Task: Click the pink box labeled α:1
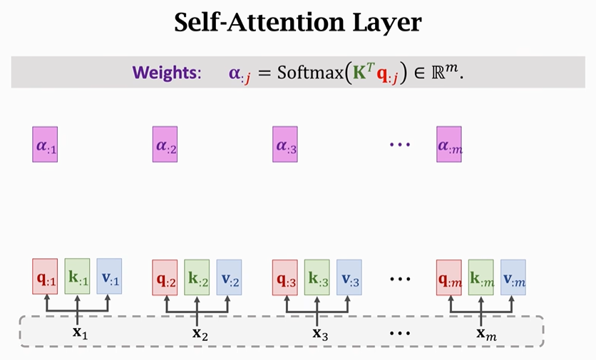(45, 144)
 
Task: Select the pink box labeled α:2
(165, 144)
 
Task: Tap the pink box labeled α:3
(285, 144)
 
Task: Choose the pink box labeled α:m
(449, 144)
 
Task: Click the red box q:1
(45, 276)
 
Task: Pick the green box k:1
(77, 276)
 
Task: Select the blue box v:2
(229, 277)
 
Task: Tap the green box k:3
(317, 277)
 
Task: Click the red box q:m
(449, 277)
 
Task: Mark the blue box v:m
(513, 277)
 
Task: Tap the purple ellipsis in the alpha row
(400, 144)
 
